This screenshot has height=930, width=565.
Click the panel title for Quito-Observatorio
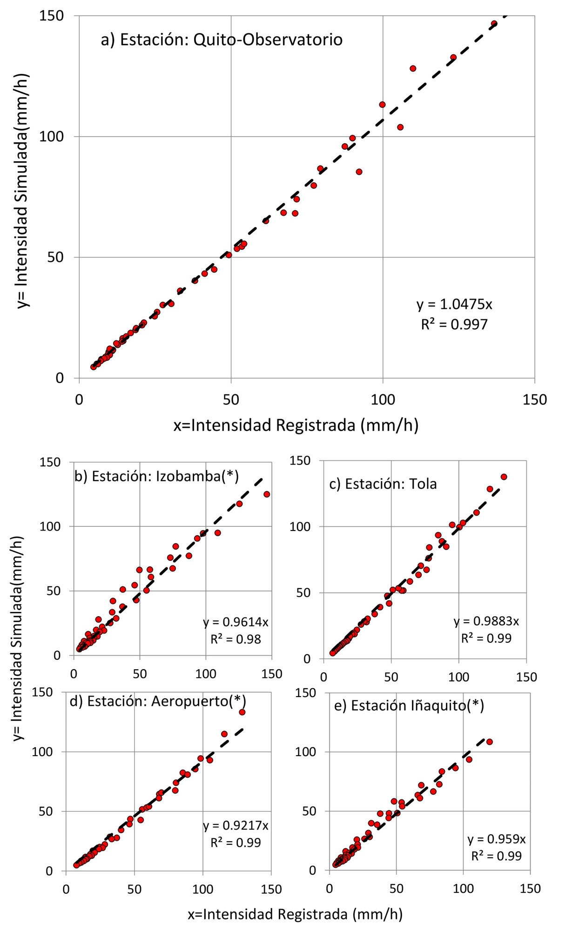click(x=222, y=40)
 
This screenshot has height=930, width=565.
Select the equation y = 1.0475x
click(x=454, y=304)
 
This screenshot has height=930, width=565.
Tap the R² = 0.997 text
click(x=454, y=324)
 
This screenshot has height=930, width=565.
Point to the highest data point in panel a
click(x=494, y=24)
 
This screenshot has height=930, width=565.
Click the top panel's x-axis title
click(x=296, y=425)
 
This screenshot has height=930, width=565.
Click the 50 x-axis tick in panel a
click(x=231, y=400)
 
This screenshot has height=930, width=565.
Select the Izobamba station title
click(x=156, y=476)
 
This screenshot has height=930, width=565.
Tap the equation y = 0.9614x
click(x=235, y=622)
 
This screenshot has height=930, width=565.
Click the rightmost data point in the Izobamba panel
click(x=267, y=494)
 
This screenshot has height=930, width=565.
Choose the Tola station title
click(x=383, y=484)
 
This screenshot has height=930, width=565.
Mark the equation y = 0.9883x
click(x=486, y=621)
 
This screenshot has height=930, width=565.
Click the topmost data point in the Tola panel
click(x=504, y=477)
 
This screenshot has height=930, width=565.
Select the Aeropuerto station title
click(x=158, y=701)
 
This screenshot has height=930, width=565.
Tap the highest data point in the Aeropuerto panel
click(x=242, y=712)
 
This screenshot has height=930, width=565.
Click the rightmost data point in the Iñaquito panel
click(x=489, y=742)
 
